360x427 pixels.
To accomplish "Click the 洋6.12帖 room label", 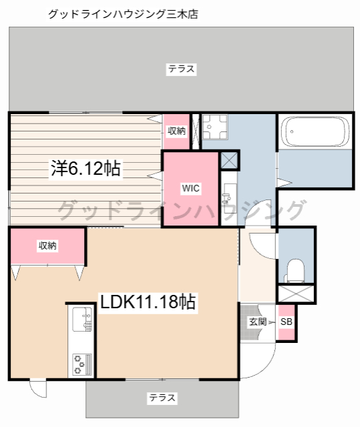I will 85,168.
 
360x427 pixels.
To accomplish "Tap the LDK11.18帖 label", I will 148,302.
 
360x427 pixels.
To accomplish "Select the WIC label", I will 190,188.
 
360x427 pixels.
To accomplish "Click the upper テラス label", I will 181,68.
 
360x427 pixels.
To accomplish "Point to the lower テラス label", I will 162,398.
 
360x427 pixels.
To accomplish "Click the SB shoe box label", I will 286,322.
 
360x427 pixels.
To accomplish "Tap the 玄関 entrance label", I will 258,322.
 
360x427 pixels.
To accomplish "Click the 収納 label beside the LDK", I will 47,246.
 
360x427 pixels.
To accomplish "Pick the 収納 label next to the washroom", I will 176,131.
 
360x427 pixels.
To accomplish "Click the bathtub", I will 315,132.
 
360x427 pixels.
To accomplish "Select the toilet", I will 294,269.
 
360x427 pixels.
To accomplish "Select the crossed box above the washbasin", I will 228,160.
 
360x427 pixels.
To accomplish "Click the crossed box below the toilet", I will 295,292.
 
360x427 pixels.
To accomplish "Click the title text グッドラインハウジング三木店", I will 123,13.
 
